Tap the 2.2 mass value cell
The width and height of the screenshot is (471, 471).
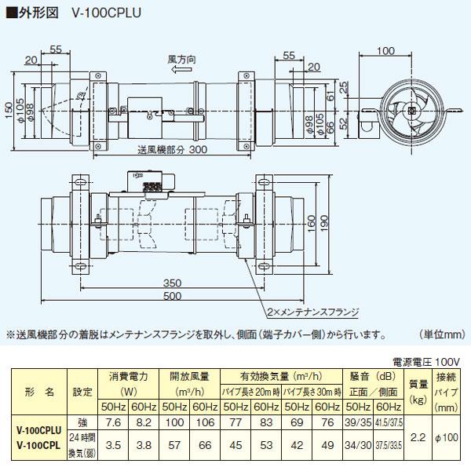tap(418, 436)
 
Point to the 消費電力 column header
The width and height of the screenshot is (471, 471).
tap(128, 375)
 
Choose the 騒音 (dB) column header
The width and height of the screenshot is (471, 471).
tap(369, 375)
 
